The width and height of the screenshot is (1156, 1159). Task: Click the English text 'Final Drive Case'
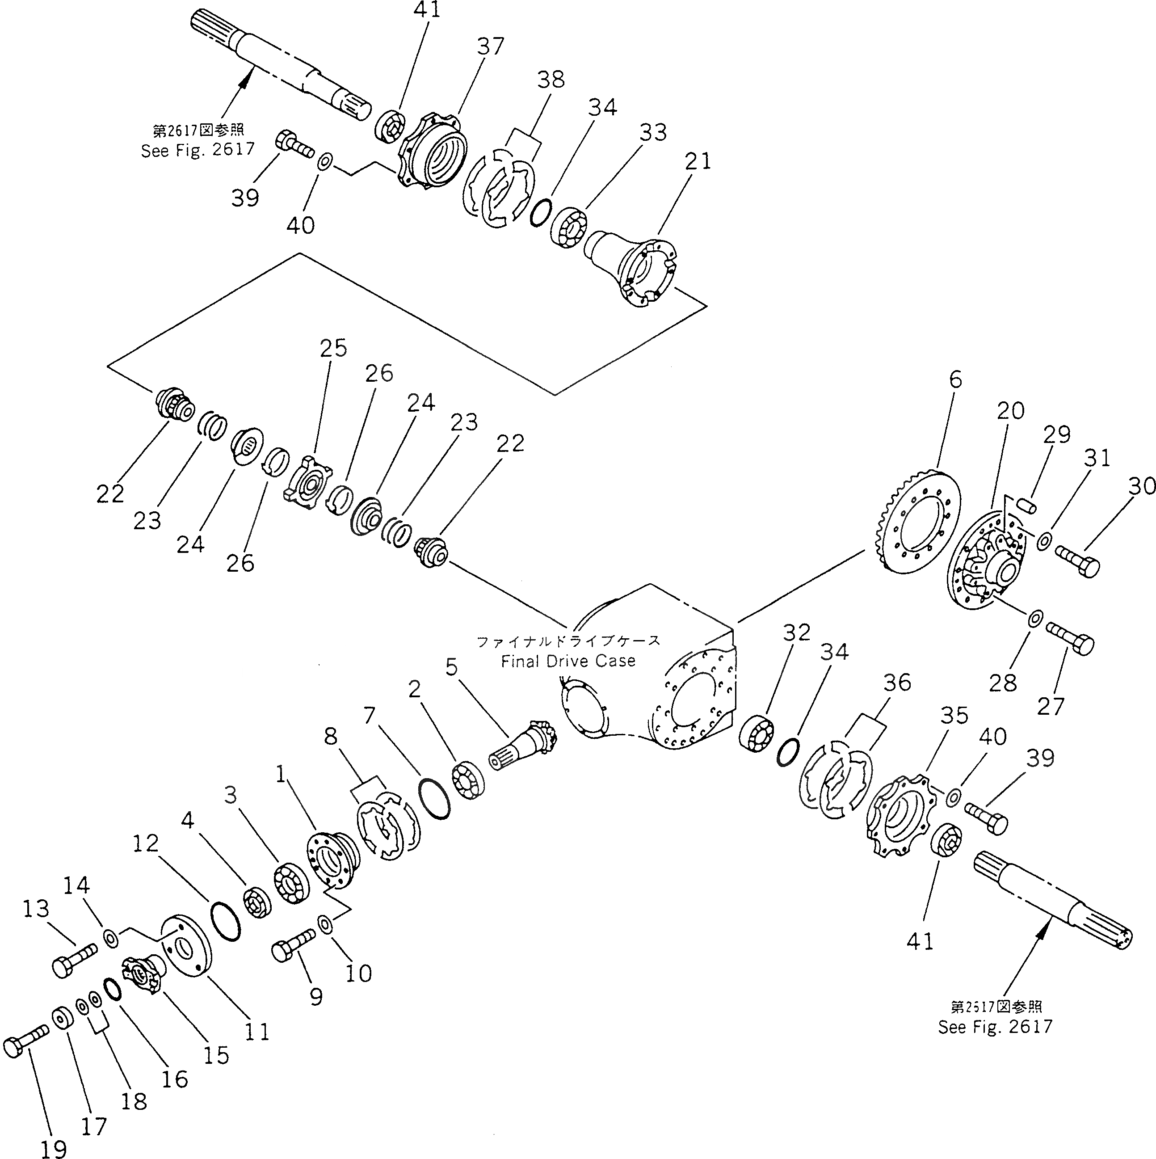(568, 661)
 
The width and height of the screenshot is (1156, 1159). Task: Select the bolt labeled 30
(1076, 560)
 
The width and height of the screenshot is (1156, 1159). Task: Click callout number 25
(333, 348)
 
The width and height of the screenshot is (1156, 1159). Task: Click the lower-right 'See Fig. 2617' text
(995, 1026)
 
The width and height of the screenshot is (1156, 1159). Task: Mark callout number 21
(698, 161)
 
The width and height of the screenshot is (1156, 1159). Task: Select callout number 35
(954, 715)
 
